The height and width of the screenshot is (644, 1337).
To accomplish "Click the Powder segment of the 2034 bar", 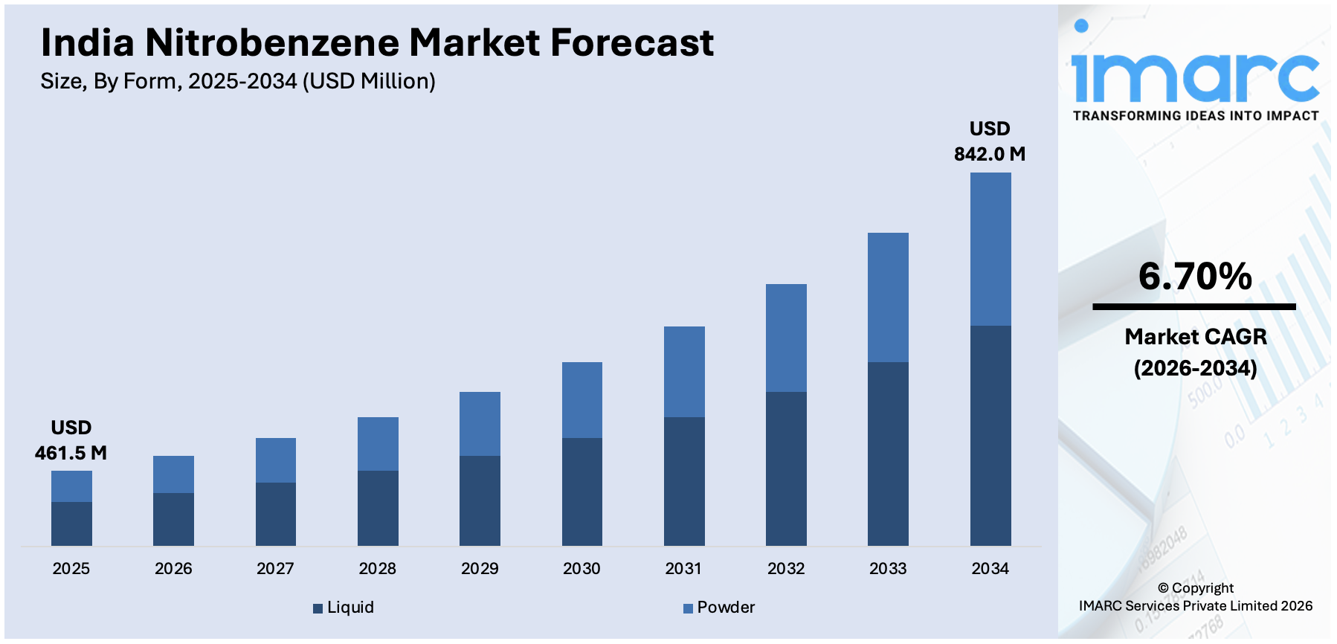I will (x=990, y=249).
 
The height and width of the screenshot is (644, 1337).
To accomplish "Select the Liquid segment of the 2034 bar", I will (x=990, y=435).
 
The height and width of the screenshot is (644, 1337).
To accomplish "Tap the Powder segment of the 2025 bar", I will (x=71, y=486).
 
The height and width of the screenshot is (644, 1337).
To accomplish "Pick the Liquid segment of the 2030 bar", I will (x=581, y=492).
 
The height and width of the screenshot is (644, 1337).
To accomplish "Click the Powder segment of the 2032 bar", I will (x=786, y=338).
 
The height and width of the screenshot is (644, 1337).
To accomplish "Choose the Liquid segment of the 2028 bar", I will (x=378, y=508).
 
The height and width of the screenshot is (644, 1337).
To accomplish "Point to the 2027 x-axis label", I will (x=275, y=569).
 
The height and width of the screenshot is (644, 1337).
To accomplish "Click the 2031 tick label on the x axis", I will (x=683, y=569).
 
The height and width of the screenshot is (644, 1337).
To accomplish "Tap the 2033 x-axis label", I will (x=888, y=569).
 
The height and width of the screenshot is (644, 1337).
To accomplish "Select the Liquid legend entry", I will (x=344, y=608).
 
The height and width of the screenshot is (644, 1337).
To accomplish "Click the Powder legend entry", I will (x=719, y=608).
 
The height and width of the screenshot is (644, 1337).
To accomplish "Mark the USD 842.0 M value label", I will (x=990, y=141).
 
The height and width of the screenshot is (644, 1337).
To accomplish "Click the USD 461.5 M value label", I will (x=71, y=440).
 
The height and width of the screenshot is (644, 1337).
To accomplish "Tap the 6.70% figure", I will (x=1195, y=277).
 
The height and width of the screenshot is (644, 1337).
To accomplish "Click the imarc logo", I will (x=1195, y=74).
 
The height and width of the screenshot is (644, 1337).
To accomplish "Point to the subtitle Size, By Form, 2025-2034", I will (x=238, y=81).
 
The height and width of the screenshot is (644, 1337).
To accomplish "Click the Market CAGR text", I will (x=1195, y=337).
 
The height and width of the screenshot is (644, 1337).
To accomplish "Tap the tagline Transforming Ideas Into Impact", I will (x=1195, y=116).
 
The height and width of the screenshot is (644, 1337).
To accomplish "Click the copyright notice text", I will (x=1195, y=597).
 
